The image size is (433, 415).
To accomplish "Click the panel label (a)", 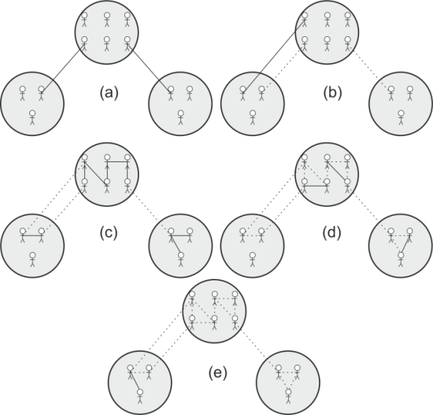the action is click(109, 93).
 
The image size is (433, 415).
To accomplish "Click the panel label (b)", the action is click(332, 93).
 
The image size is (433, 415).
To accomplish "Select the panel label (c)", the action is click(109, 232).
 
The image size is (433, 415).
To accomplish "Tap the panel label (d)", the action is click(331, 232).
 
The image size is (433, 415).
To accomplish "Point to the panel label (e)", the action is click(217, 373).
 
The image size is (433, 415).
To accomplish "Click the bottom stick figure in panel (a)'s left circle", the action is click(32, 117).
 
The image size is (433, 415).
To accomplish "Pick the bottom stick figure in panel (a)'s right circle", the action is click(180, 117).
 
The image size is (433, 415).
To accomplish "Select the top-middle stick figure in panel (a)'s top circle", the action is click(107, 20).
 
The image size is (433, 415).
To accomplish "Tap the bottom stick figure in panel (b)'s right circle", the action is click(401, 117).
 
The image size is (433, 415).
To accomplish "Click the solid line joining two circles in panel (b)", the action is click(273, 53).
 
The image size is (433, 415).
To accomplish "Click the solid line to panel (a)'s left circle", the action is click(63, 68).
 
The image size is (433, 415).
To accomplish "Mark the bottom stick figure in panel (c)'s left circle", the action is click(32, 259).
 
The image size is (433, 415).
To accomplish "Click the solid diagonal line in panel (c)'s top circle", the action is click(95, 172).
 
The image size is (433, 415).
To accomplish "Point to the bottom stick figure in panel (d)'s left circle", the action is click(252, 259).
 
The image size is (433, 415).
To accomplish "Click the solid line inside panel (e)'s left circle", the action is click(135, 380).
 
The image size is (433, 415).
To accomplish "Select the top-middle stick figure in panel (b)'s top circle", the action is click(327, 20).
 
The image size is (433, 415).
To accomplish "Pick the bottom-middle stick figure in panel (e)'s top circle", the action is click(214, 322).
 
